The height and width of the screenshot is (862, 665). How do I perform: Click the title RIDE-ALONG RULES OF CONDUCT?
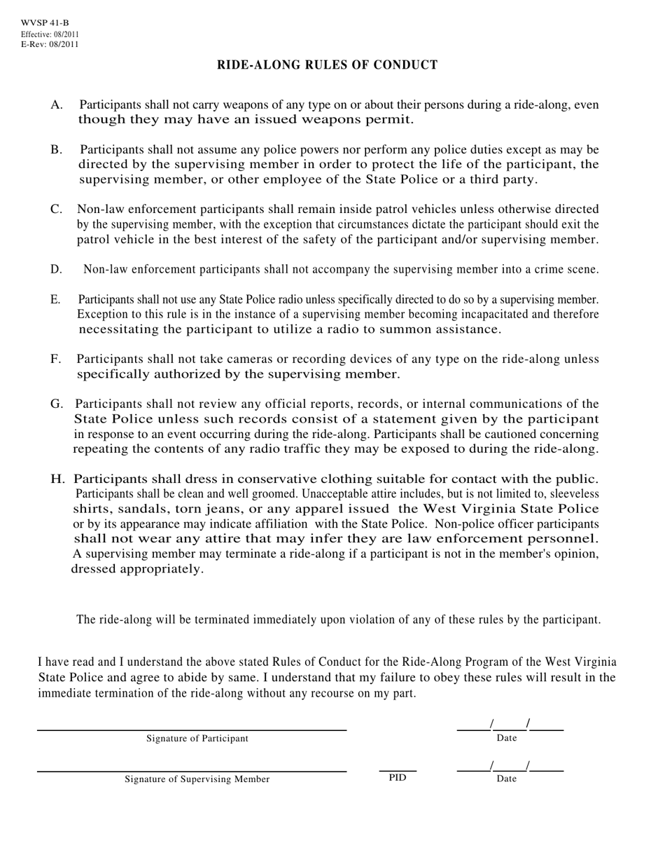(x=327, y=65)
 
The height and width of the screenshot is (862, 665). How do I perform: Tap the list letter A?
(x=57, y=105)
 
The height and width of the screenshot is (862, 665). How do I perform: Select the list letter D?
(x=56, y=269)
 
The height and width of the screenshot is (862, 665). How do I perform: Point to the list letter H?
(x=58, y=479)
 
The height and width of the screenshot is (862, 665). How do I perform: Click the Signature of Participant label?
(x=197, y=739)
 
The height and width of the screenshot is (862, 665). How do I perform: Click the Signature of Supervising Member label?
(x=197, y=779)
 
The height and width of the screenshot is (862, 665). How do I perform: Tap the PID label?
(x=397, y=777)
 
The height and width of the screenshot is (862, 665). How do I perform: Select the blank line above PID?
(x=397, y=770)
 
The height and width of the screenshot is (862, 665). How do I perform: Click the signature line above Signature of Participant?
(x=192, y=730)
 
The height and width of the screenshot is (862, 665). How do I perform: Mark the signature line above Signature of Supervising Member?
(x=192, y=772)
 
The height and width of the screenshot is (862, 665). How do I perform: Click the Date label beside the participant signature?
(x=507, y=738)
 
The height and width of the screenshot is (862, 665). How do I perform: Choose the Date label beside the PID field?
(x=507, y=779)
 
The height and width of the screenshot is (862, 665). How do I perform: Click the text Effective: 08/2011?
(x=50, y=34)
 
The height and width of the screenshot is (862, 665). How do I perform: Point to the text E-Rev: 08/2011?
(x=50, y=45)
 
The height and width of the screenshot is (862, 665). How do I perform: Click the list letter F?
(x=56, y=360)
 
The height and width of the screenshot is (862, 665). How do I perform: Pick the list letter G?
(x=57, y=404)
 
